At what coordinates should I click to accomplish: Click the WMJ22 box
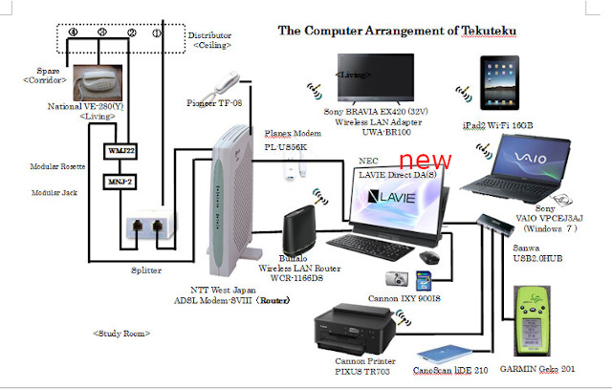[x=119, y=151]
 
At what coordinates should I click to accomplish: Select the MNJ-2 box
[x=119, y=181]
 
